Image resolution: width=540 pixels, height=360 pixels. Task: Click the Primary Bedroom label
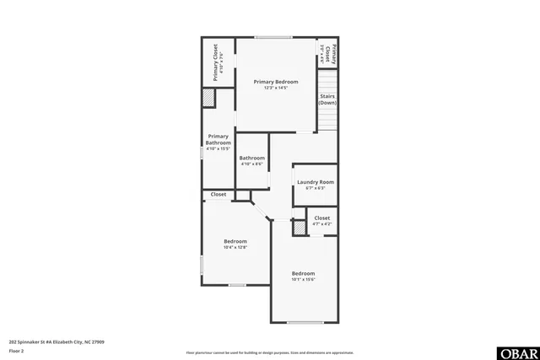[276, 82]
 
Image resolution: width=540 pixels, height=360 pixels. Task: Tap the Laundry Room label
[315, 182]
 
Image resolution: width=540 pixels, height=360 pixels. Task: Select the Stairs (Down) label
[327, 99]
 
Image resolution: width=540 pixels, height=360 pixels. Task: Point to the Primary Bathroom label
[218, 140]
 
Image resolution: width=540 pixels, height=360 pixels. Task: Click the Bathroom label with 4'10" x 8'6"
[251, 159]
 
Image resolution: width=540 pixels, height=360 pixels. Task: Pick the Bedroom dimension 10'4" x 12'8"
[235, 248]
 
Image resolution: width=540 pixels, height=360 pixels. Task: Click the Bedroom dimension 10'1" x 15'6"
[303, 280]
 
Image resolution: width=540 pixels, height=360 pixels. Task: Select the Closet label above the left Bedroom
[219, 195]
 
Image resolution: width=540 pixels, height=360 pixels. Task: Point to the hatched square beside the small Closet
[298, 228]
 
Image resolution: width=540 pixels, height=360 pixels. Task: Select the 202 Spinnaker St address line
[57, 342]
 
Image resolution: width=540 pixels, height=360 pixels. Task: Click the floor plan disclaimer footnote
[270, 352]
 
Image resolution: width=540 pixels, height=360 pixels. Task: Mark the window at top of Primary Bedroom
[269, 36]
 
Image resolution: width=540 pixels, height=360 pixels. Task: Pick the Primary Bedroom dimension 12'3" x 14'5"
[276, 89]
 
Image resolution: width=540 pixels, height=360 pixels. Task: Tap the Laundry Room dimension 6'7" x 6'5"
[315, 189]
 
